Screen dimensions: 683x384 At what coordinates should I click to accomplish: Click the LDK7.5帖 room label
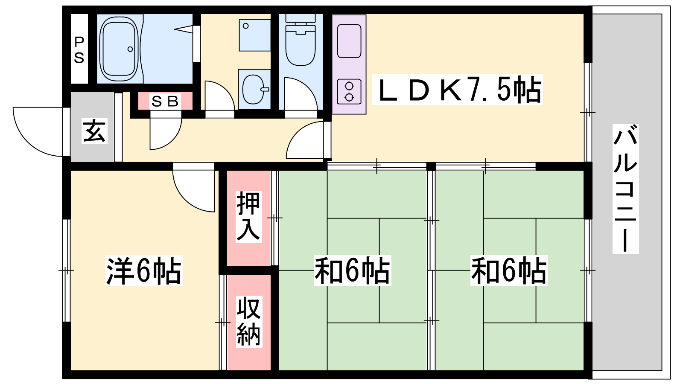tap(457, 89)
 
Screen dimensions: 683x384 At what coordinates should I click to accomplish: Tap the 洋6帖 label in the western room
tap(143, 271)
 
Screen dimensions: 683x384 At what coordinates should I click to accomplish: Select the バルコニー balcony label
tap(625, 189)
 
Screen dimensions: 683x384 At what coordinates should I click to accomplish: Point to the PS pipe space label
tap(79, 49)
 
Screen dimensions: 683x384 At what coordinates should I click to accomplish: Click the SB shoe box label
tap(165, 101)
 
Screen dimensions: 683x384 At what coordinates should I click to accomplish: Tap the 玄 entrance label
tap(94, 131)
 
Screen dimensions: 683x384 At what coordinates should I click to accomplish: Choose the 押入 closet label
tap(248, 216)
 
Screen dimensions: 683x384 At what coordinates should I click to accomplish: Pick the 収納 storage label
tap(249, 322)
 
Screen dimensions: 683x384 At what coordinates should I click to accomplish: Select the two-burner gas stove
tap(349, 91)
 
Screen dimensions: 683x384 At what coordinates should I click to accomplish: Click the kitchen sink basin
tap(349, 41)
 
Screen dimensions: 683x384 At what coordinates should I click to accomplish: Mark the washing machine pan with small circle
tap(254, 35)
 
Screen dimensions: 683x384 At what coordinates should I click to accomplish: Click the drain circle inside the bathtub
tap(130, 49)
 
